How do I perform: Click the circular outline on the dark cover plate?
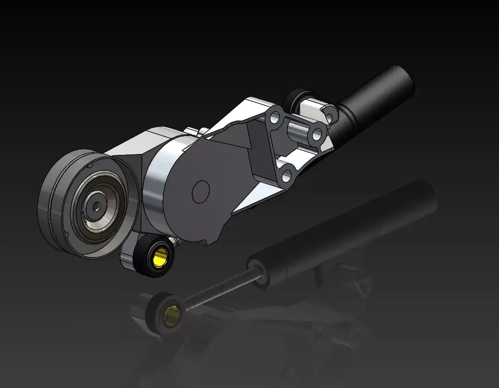201,191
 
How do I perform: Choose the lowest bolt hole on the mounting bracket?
286,175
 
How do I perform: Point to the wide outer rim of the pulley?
55,199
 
